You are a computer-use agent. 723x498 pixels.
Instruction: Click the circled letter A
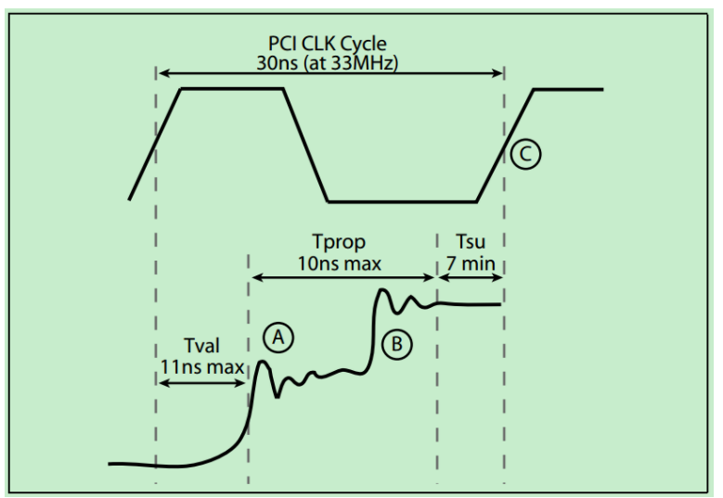pyautogui.click(x=279, y=338)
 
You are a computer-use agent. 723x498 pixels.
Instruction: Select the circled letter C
pyautogui.click(x=525, y=154)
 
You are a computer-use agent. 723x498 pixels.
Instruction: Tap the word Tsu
pyautogui.click(x=470, y=244)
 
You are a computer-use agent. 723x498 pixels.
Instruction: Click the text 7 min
pyautogui.click(x=471, y=262)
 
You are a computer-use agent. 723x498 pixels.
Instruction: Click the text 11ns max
pyautogui.click(x=201, y=366)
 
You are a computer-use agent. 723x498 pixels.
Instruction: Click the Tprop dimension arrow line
pyautogui.click(x=343, y=276)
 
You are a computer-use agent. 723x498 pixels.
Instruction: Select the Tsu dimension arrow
pyautogui.click(x=471, y=276)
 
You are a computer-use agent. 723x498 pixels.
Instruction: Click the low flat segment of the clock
pyautogui.click(x=401, y=200)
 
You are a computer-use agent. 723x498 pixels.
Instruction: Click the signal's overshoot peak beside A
pyautogui.click(x=262, y=363)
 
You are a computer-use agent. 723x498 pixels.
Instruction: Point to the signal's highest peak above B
pyautogui.click(x=381, y=291)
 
